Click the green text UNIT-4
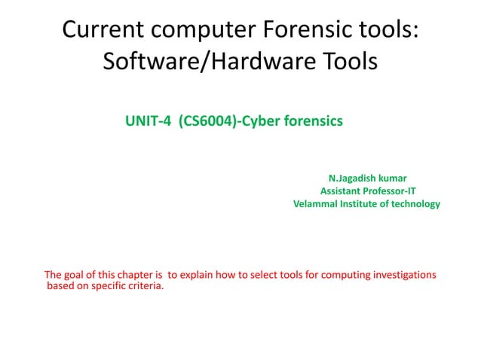143,121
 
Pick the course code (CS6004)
198,121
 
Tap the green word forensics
313,121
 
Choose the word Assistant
343,191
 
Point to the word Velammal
316,203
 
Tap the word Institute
363,203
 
